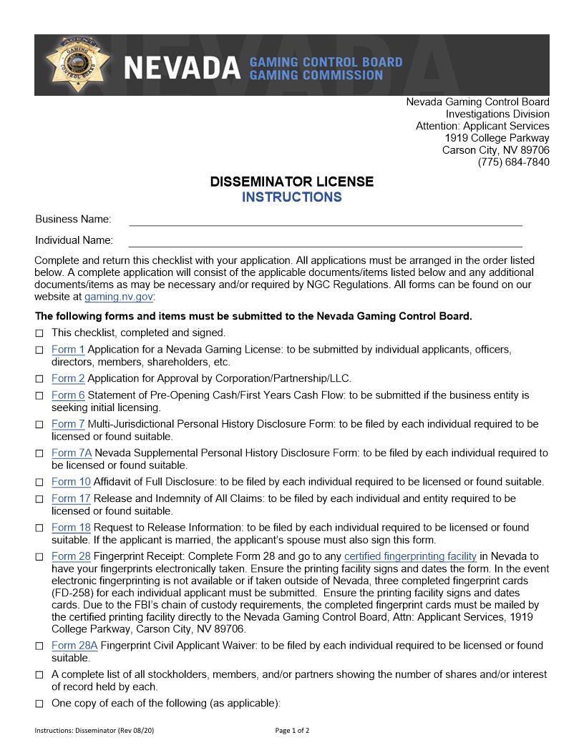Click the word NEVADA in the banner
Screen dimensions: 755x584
click(x=182, y=68)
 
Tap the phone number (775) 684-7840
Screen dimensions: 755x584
click(x=513, y=162)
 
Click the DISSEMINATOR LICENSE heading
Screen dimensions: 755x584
click(x=291, y=182)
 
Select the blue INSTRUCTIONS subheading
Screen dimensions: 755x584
click(x=291, y=197)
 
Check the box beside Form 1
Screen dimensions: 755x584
click(x=39, y=350)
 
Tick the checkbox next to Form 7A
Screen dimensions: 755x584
click(x=39, y=453)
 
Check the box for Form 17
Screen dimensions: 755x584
click(x=39, y=499)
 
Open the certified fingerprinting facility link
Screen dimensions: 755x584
click(x=410, y=556)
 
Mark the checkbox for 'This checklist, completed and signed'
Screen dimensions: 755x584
click(x=39, y=333)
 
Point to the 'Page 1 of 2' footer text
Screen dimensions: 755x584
click(x=292, y=731)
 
